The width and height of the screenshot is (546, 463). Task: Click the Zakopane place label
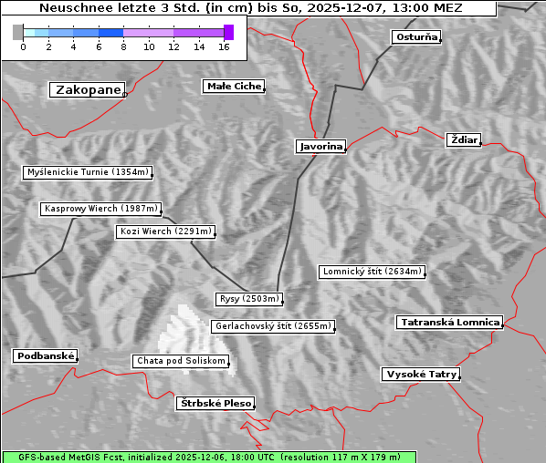pyautogui.click(x=88, y=90)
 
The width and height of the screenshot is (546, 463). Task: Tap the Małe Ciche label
pyautogui.click(x=234, y=87)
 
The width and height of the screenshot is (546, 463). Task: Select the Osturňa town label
pyautogui.click(x=416, y=37)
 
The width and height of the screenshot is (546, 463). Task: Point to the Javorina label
pyautogui.click(x=320, y=147)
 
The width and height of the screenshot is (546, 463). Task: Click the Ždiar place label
pyautogui.click(x=463, y=139)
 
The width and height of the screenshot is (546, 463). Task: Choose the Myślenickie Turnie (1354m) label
pyautogui.click(x=87, y=172)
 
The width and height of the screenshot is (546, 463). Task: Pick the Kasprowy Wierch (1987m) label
pyautogui.click(x=101, y=209)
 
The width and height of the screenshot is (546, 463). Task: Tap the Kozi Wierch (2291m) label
pyautogui.click(x=165, y=231)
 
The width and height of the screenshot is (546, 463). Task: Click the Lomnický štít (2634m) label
pyautogui.click(x=372, y=272)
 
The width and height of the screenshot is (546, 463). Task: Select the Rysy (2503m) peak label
pyautogui.click(x=249, y=299)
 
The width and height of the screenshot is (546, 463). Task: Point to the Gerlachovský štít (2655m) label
pyautogui.click(x=272, y=326)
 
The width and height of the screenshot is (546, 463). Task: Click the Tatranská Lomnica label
pyautogui.click(x=450, y=323)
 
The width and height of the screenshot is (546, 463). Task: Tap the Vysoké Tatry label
pyautogui.click(x=420, y=375)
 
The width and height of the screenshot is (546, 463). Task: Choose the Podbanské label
pyautogui.click(x=45, y=356)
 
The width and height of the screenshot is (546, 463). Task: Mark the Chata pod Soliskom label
pyautogui.click(x=180, y=361)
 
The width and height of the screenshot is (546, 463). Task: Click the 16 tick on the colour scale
pyautogui.click(x=224, y=46)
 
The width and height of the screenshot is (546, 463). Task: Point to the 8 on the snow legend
pyautogui.click(x=123, y=46)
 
